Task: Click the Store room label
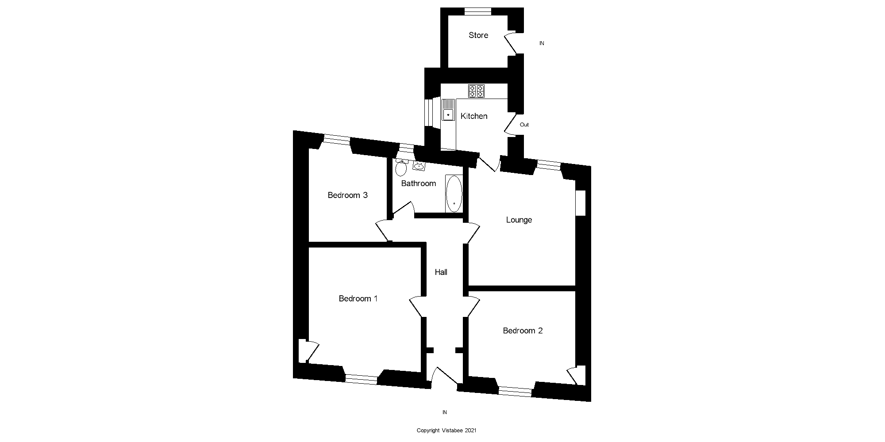pos(478,35)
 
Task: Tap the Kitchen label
pos(474,116)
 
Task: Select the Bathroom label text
pos(418,183)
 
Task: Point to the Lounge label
pos(519,220)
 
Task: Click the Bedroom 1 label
pos(358,299)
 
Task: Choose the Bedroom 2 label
pos(523,331)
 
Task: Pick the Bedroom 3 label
pos(347,195)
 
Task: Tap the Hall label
pos(441,272)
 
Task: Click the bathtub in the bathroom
pos(454,194)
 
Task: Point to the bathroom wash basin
pos(419,166)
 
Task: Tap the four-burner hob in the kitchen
pos(476,91)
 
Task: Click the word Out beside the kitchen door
pos(524,125)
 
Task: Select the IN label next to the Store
pos(542,43)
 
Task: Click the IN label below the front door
pos(445,412)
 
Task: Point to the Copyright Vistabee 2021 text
pos(446,431)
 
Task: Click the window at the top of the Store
pos(478,12)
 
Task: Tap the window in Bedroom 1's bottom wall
pos(361,378)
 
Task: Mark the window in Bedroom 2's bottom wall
pos(515,390)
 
